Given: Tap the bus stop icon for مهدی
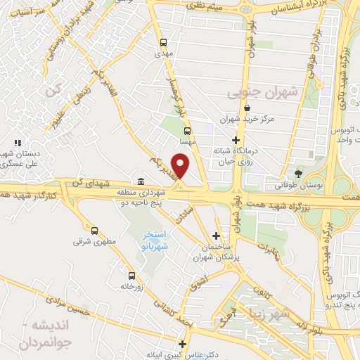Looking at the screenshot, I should coord(164,41).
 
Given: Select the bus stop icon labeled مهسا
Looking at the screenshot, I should coord(187,131).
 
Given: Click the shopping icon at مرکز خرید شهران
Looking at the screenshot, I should coord(247,108).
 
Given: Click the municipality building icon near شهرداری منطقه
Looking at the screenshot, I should coord(142,181).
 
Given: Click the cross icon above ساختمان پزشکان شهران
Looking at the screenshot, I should coord(216,236).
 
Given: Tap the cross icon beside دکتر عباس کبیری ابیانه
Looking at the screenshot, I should coord(183,344).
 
